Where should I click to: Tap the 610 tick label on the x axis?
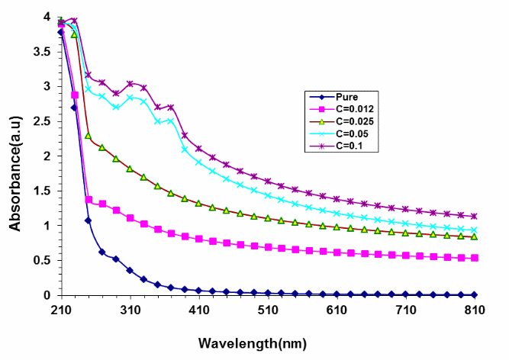(337, 310)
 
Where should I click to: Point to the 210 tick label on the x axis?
(61, 310)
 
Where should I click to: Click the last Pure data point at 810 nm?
(474, 294)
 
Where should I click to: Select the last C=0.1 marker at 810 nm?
(474, 216)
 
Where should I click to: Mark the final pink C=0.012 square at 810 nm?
(474, 258)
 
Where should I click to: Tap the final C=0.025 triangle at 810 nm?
(474, 236)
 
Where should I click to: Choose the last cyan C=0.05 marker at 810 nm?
(474, 230)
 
